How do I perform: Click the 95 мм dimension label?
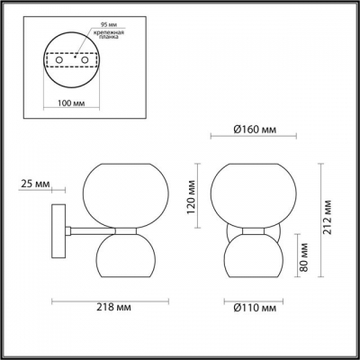point(85,16)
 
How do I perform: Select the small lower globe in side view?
point(125,257)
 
